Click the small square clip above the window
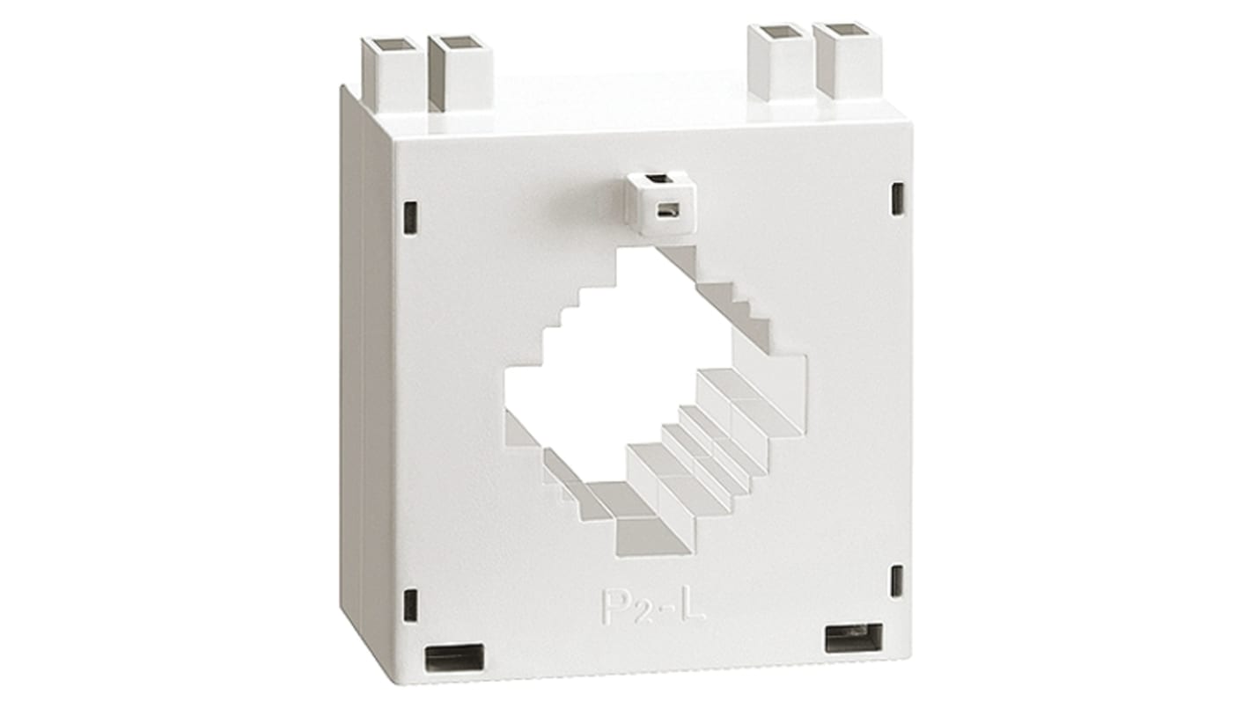661,202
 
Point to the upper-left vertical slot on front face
410,217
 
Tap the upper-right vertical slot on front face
897,199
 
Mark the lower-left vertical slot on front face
410,605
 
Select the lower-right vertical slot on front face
897,581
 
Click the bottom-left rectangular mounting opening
454,657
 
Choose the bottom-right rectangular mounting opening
853,638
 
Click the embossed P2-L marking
653,607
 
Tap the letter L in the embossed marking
694,605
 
